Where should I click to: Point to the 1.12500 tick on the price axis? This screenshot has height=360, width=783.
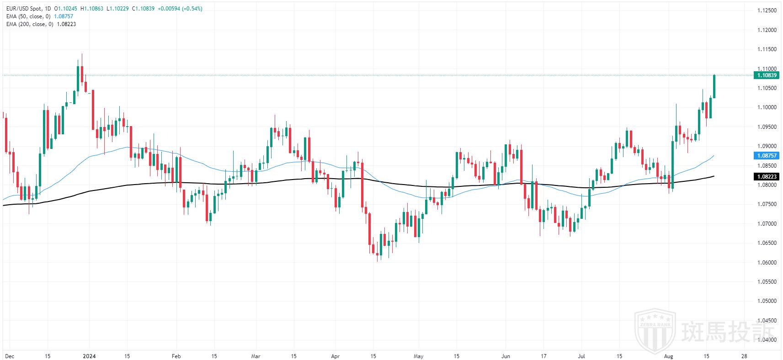(767, 11)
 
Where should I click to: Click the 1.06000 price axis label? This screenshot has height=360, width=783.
(767, 262)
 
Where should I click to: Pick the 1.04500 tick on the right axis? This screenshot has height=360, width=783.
(767, 320)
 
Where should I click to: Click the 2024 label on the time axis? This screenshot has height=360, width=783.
(89, 356)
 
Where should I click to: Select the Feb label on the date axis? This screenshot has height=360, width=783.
(176, 356)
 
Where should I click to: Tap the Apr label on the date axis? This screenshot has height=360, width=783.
(335, 356)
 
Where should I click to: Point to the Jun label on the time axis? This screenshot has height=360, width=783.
(505, 356)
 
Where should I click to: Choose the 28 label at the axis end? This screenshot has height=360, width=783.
(744, 356)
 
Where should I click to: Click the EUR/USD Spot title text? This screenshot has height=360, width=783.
(25, 9)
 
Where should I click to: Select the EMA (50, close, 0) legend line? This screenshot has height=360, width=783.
(28, 16)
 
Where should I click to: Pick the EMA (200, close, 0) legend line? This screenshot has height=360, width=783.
(30, 24)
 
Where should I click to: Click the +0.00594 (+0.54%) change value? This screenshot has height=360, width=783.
(180, 9)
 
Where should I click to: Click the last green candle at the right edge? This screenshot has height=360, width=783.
(714, 86)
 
